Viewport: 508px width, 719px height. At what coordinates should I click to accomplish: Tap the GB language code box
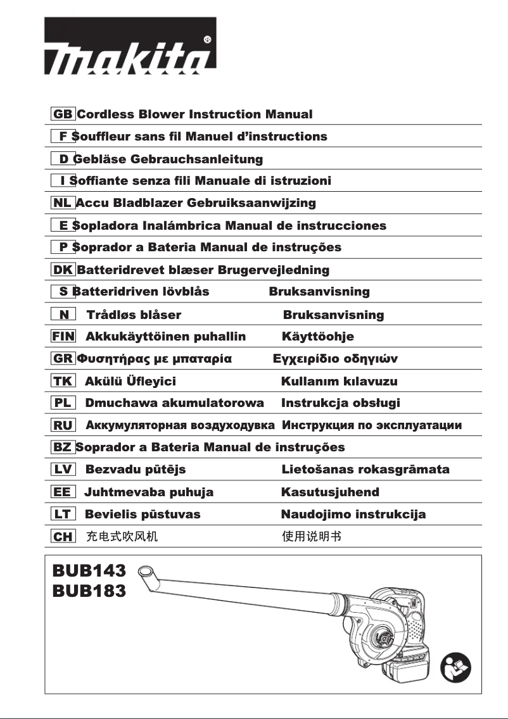click(63, 115)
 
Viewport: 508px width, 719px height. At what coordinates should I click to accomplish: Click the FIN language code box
click(63, 337)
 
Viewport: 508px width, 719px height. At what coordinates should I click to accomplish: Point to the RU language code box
click(63, 425)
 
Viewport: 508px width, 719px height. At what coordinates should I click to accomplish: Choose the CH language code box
click(63, 537)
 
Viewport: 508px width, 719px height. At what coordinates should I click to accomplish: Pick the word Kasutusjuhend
click(330, 492)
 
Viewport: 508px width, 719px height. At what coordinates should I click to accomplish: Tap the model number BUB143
click(89, 571)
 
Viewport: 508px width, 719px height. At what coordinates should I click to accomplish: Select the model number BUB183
click(89, 591)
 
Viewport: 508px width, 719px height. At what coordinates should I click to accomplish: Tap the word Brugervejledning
click(274, 270)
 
